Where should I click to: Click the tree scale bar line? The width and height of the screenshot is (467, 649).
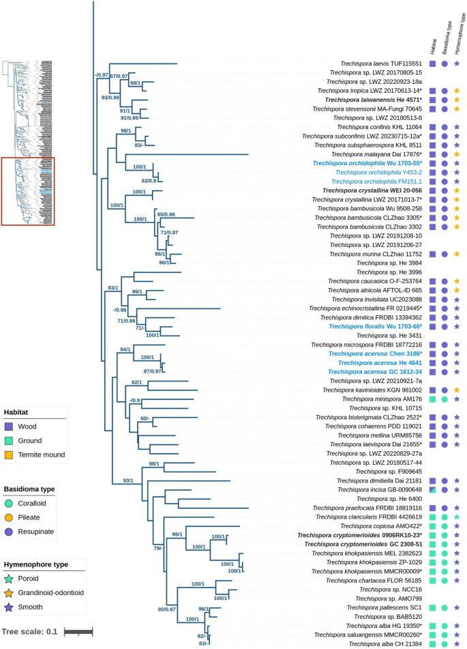(78, 631)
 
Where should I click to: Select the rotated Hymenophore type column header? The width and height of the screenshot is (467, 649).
(462, 36)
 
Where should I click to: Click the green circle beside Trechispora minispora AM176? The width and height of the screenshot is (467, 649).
(445, 399)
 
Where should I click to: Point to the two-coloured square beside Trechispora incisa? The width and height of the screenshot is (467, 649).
(434, 489)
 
